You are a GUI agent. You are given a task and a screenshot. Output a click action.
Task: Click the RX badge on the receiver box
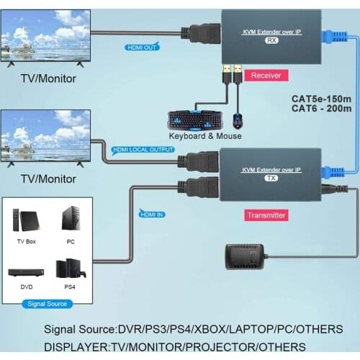271,41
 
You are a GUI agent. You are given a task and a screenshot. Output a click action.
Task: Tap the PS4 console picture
71,268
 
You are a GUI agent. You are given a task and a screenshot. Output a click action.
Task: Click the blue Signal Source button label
48,303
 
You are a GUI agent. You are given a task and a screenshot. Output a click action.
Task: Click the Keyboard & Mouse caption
205,135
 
